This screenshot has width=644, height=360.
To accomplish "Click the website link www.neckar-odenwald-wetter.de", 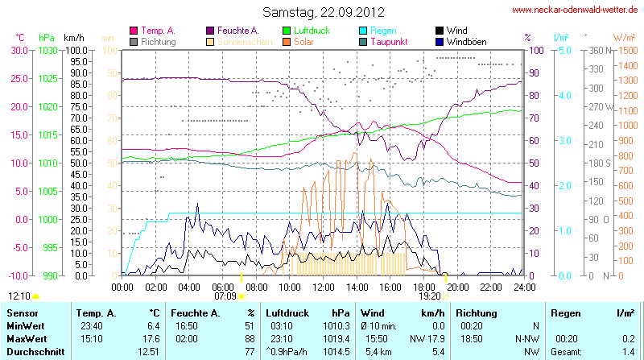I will click(x=575, y=10).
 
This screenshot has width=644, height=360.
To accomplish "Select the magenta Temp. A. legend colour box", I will click(x=134, y=31).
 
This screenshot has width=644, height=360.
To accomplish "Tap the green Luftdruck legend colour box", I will click(x=287, y=31).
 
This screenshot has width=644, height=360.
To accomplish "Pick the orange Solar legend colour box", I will click(x=287, y=41).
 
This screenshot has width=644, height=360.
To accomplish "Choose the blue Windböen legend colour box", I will click(x=440, y=41).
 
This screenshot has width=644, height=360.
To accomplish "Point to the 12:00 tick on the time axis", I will click(x=324, y=286).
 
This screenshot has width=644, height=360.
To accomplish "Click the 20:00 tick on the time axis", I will click(x=458, y=286).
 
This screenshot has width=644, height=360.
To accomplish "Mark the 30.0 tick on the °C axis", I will click(x=18, y=50).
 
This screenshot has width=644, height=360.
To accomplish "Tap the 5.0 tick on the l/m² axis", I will click(x=564, y=50).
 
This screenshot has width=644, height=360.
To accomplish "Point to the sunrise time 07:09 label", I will click(x=225, y=296).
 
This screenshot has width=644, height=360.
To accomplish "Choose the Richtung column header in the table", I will click(x=477, y=312).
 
